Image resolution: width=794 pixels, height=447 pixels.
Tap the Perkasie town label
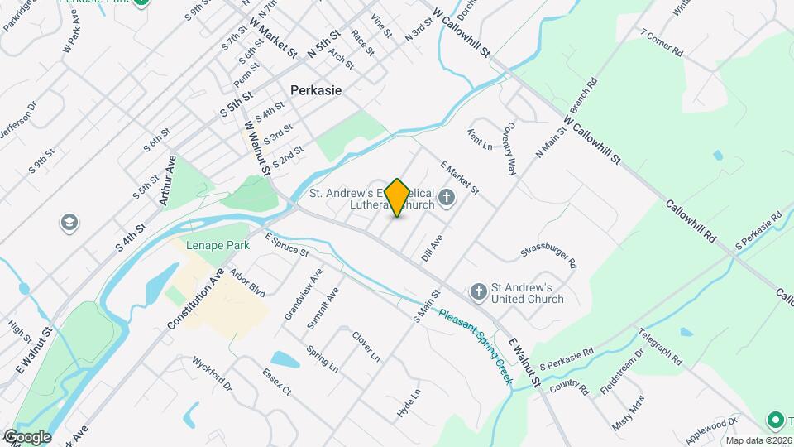point(316,90)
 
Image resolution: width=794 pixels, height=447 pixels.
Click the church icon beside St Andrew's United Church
point(478,291)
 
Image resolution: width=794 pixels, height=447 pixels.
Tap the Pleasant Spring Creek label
point(476,347)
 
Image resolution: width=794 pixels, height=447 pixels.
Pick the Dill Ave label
point(432,248)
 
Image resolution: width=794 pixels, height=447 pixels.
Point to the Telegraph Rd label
point(660,348)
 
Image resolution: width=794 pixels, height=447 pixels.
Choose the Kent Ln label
point(480,139)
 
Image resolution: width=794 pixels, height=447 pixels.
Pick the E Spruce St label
point(286,244)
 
